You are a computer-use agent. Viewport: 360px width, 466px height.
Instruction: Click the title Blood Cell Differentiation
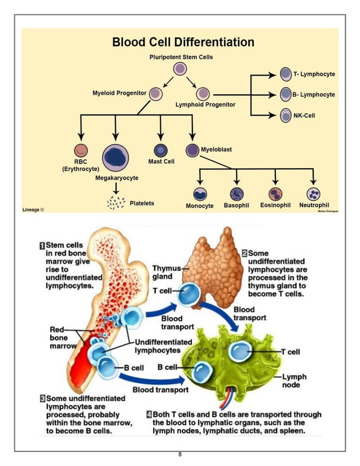(183, 42)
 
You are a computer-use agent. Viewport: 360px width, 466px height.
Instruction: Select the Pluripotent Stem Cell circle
(180, 69)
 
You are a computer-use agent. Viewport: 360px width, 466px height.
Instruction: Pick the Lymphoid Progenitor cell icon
(203, 94)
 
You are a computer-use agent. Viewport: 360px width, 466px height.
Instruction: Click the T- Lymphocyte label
(314, 74)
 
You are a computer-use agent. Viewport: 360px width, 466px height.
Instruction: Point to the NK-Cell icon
(286, 115)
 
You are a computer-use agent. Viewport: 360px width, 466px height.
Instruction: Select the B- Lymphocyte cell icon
(286, 94)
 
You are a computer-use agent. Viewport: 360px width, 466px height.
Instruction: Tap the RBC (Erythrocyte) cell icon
(81, 151)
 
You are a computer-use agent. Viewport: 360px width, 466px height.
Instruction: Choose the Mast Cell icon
(161, 150)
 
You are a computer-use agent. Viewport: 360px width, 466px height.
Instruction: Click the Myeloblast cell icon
(192, 151)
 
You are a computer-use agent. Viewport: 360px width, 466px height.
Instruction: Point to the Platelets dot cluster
(116, 202)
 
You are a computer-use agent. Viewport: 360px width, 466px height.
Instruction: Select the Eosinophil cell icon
(275, 194)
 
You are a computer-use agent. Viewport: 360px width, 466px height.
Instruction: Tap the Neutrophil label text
(314, 205)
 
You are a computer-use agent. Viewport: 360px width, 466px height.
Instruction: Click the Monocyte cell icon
(200, 194)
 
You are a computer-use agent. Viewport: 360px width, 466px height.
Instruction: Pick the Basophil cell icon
(236, 194)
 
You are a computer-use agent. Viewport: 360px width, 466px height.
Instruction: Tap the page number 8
(179, 455)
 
